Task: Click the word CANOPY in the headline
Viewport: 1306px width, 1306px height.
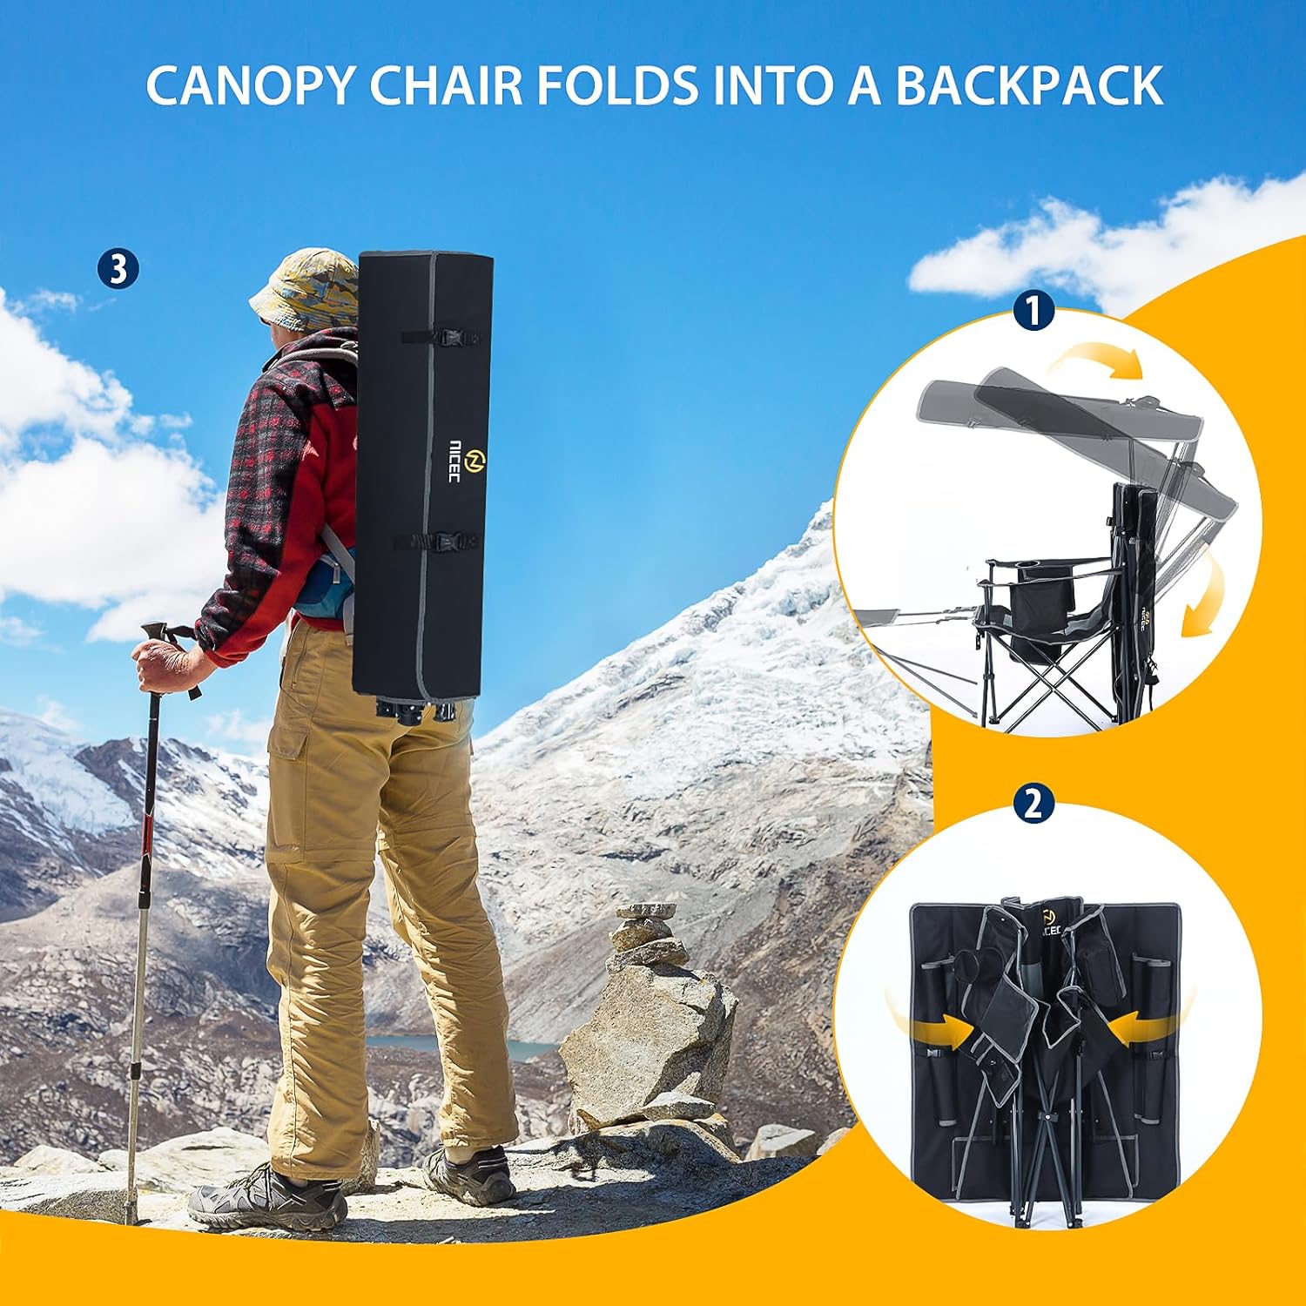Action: [249, 84]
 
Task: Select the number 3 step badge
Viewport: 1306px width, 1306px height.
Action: [118, 269]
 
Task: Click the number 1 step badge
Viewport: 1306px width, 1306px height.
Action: [1033, 312]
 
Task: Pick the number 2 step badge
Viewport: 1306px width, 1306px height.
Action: [1033, 803]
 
